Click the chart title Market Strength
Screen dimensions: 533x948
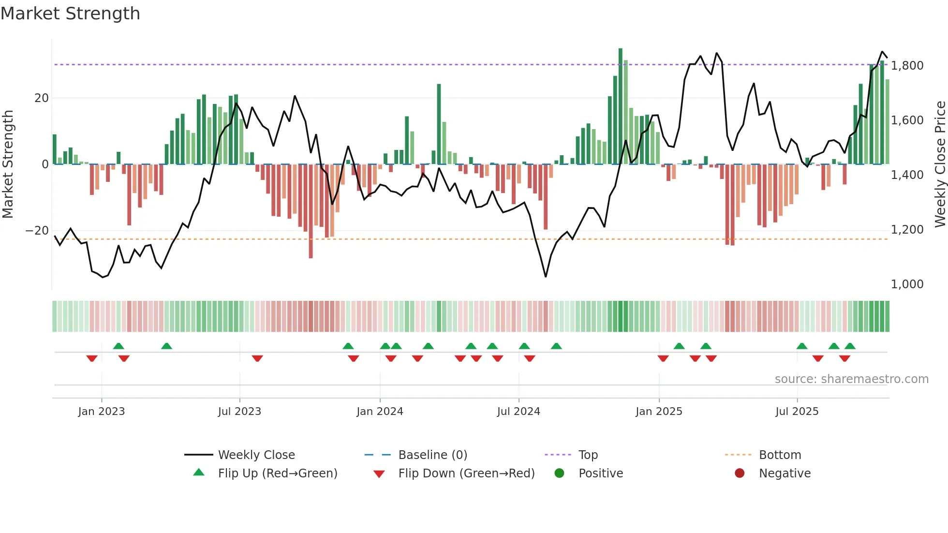point(70,14)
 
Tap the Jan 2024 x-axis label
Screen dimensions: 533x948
point(380,412)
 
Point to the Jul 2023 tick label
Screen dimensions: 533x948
point(239,412)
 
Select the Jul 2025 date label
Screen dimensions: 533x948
point(797,412)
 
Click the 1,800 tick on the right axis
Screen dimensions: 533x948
point(907,65)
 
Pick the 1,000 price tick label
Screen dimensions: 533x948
point(907,284)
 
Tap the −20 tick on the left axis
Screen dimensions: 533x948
point(37,231)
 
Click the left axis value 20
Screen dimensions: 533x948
point(42,98)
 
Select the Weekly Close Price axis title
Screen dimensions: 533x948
point(940,164)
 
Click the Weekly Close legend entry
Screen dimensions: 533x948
point(256,455)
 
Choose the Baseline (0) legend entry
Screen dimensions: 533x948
point(432,455)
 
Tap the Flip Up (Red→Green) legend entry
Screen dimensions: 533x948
point(277,474)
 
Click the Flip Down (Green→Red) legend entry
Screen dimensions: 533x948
point(466,474)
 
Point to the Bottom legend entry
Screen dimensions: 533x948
point(780,455)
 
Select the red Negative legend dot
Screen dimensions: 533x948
point(740,474)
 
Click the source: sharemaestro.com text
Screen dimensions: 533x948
point(851,379)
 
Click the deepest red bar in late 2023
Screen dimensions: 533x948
point(311,210)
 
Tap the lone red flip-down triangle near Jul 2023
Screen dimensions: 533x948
point(257,358)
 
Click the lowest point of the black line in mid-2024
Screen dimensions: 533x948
point(546,277)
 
